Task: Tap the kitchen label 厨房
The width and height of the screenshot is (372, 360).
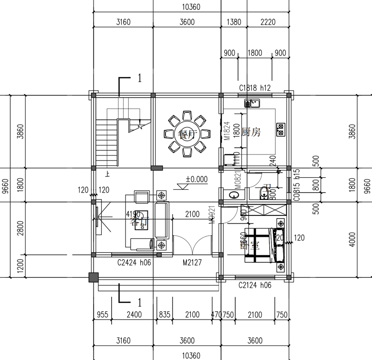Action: [251, 133]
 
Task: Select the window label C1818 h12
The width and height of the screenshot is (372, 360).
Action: [255, 87]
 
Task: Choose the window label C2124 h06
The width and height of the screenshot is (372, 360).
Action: [255, 285]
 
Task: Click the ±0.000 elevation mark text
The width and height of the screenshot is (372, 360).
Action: [197, 179]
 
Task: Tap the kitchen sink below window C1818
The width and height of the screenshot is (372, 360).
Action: [253, 103]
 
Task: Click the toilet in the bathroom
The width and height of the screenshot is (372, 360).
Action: [264, 192]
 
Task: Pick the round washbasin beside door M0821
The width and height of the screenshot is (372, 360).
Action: [232, 195]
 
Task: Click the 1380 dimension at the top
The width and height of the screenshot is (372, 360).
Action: [233, 22]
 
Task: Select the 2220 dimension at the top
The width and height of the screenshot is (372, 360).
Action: [268, 22]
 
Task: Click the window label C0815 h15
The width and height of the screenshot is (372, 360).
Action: [296, 185]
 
